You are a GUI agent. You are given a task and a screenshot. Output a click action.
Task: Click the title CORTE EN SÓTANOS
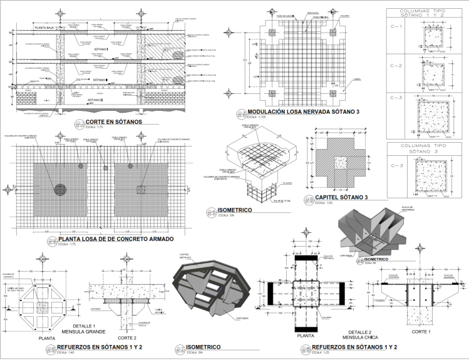point(113,121)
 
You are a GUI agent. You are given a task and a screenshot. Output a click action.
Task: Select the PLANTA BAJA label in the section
point(46,28)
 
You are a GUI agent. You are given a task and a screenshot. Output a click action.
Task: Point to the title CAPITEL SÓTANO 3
point(336,198)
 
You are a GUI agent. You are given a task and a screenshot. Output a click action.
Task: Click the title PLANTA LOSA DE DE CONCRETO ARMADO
point(116,239)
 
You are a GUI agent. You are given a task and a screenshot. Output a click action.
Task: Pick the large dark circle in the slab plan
point(61,188)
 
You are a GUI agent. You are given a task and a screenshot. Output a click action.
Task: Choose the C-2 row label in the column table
point(396,65)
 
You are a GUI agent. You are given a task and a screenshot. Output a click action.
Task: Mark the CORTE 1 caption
point(424,331)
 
